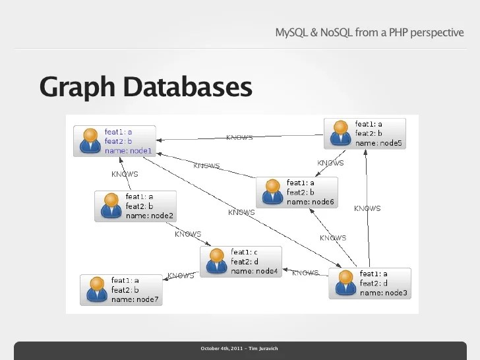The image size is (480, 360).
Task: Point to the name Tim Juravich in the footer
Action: click(263, 348)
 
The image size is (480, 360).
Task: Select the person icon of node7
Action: click(96, 289)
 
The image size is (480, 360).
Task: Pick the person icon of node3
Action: click(344, 284)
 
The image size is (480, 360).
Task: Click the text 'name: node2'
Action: click(150, 216)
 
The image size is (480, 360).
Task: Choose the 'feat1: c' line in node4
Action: click(244, 253)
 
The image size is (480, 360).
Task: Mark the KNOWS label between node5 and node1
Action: click(239, 138)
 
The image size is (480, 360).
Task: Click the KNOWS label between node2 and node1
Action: click(125, 174)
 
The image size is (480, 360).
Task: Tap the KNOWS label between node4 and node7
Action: click(181, 276)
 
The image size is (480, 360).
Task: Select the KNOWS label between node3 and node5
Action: click(367, 208)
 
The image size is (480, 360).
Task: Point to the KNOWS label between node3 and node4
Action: click(305, 273)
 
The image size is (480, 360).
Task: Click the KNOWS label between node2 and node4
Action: click(188, 233)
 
